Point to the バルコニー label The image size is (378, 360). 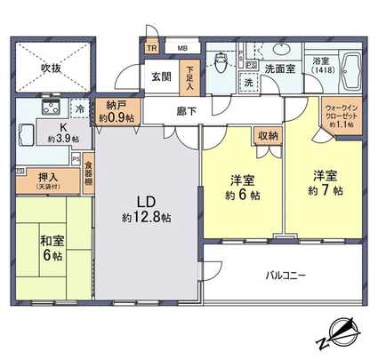(x=286, y=276)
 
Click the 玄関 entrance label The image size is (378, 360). (x=161, y=76)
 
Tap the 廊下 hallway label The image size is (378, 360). (x=187, y=111)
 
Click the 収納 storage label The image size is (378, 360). (x=268, y=136)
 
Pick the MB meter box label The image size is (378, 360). (x=181, y=47)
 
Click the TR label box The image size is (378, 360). (x=152, y=47)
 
